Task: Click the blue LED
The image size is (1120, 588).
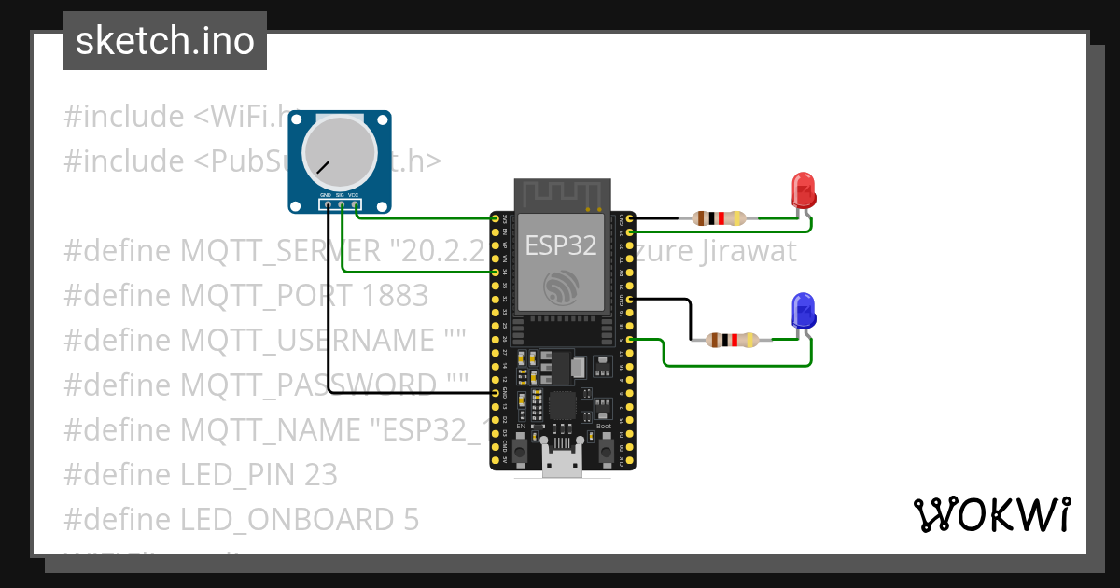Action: pos(803,310)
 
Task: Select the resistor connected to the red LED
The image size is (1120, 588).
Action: pos(719,218)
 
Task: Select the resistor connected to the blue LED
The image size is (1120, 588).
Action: pos(733,340)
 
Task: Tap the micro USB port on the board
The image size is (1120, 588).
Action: pos(563,462)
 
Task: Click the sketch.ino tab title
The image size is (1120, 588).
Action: pos(165,41)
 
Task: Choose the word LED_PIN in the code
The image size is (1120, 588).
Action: pos(238,474)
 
